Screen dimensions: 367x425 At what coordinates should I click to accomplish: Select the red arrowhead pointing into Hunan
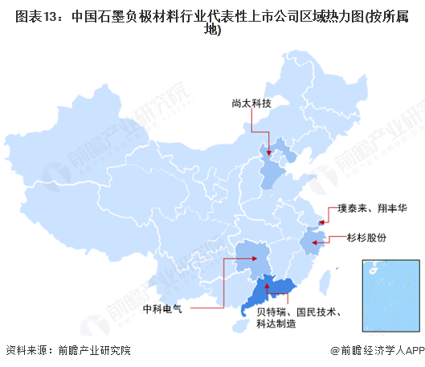pos(259,259)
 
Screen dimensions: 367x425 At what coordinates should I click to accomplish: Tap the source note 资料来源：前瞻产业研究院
pos(67,350)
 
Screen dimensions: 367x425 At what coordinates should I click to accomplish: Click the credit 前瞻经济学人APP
pos(377,350)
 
